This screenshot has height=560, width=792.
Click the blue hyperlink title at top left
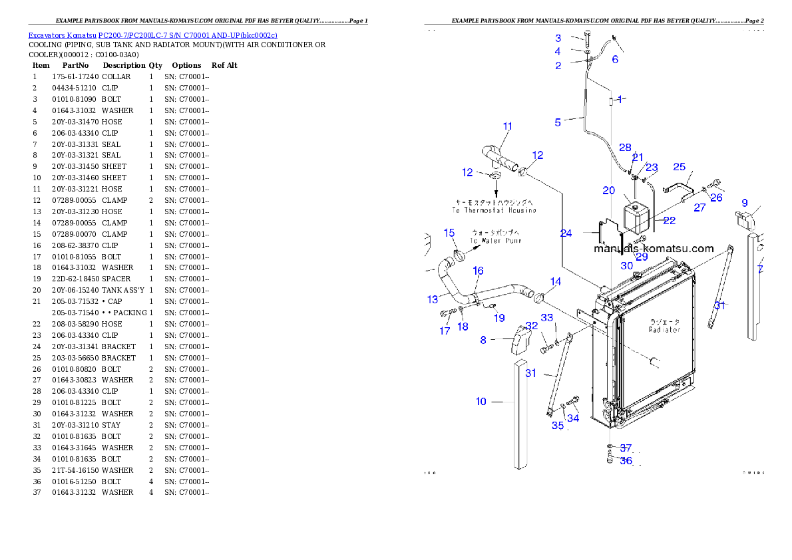152,35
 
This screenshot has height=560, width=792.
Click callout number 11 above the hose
508,126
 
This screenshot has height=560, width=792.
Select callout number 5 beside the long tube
558,122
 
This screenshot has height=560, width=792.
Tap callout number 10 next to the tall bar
481,402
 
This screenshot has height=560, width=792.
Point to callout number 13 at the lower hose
433,300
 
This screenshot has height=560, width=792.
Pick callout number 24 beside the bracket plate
566,233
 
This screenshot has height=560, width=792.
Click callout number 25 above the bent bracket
679,167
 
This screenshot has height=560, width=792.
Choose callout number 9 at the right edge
745,203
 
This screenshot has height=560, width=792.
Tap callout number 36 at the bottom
626,460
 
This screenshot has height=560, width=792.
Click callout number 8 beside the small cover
484,340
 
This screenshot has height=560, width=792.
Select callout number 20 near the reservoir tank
608,190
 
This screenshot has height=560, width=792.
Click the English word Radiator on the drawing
664,330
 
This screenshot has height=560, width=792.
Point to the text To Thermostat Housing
494,210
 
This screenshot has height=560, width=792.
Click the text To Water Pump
495,241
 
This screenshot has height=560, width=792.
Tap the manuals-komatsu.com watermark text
653,249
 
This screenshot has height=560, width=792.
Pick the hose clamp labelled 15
458,254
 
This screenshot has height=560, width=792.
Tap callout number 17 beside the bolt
445,331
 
